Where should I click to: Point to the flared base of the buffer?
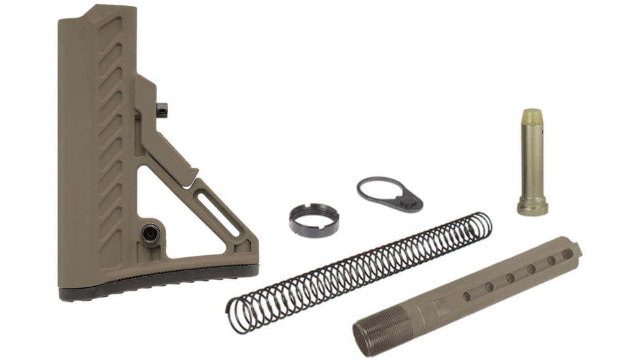pos(532,208)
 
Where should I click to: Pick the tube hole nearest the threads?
pos(467,296)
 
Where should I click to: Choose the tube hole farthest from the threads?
pos(567,253)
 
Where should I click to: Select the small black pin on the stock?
pos(162,109)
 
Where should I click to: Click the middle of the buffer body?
pos(531,160)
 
